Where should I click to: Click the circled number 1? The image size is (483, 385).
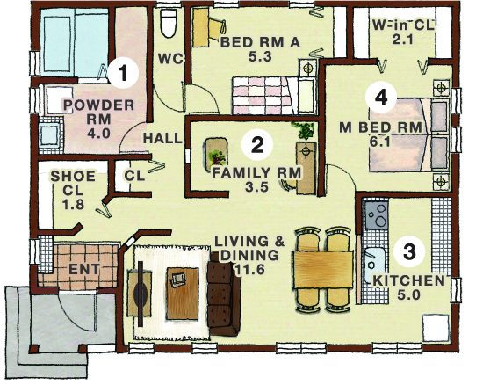coord(123,73)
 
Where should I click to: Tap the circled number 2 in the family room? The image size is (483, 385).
coord(257,145)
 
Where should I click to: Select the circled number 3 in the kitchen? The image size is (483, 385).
coord(410,251)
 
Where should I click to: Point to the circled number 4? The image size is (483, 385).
coord(381,98)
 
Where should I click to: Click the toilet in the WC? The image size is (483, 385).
coord(169,23)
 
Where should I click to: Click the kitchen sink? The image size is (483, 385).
coord(374,265)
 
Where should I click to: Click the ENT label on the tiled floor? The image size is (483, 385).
coord(84,269)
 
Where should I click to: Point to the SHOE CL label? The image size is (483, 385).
coord(73,190)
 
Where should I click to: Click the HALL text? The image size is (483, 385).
coord(163,138)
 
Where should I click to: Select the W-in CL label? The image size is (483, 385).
coord(403,25)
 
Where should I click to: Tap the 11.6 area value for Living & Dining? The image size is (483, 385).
coord(249,270)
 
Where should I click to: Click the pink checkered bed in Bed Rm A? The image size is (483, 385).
coord(263,96)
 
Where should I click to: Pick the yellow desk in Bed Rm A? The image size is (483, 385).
coord(201,27)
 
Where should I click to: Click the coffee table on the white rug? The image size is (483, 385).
coord(183,294)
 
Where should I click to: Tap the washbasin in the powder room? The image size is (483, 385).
coord(50,135)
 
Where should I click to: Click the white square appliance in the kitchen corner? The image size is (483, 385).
coord(436,328)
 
